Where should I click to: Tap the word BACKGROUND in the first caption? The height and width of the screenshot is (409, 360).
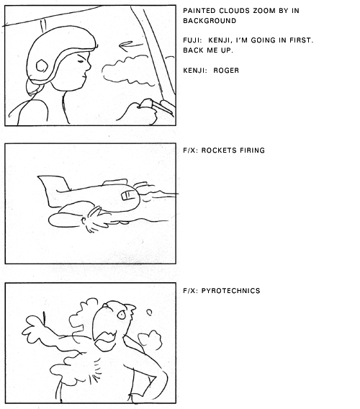210,21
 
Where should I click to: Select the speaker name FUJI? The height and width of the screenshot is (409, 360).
192,40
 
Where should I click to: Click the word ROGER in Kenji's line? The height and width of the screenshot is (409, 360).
226,71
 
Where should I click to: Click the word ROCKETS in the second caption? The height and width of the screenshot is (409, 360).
217,150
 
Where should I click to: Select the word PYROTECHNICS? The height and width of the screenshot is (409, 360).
230,291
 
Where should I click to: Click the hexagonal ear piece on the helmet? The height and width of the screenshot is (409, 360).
42,66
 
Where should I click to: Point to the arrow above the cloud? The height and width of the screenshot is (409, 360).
131,45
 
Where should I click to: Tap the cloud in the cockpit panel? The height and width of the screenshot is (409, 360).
129,70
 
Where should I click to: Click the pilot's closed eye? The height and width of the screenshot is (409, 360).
81,61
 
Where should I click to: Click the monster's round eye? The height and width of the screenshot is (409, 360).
121,315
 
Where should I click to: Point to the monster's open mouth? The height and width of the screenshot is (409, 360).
106,338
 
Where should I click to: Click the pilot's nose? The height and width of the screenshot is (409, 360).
89,66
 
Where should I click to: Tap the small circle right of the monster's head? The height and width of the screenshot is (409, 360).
149,313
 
